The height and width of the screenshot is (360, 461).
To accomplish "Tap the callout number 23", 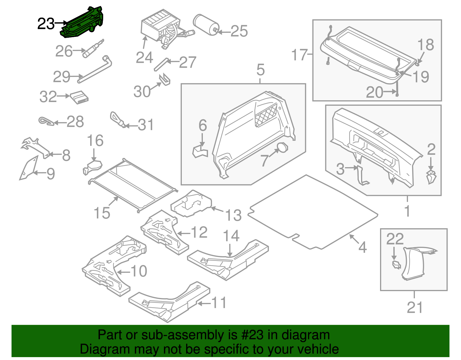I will [46, 24].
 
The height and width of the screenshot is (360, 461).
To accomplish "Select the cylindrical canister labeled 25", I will [205, 24].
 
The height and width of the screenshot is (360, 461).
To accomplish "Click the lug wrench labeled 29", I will [95, 69].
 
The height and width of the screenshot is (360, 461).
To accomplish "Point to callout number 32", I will [48, 97].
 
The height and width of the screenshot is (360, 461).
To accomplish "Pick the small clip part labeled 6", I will [200, 152].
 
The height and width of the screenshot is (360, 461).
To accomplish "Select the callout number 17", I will [299, 55].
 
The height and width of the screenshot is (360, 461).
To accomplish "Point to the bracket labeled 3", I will [362, 176].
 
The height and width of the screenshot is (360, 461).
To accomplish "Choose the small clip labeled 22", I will [396, 264].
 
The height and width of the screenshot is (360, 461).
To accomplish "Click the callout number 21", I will [415, 307].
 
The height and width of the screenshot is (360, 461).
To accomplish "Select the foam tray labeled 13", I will [191, 203].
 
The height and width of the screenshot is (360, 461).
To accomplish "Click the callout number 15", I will [102, 213].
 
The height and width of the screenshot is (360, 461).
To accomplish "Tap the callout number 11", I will [219, 303].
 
